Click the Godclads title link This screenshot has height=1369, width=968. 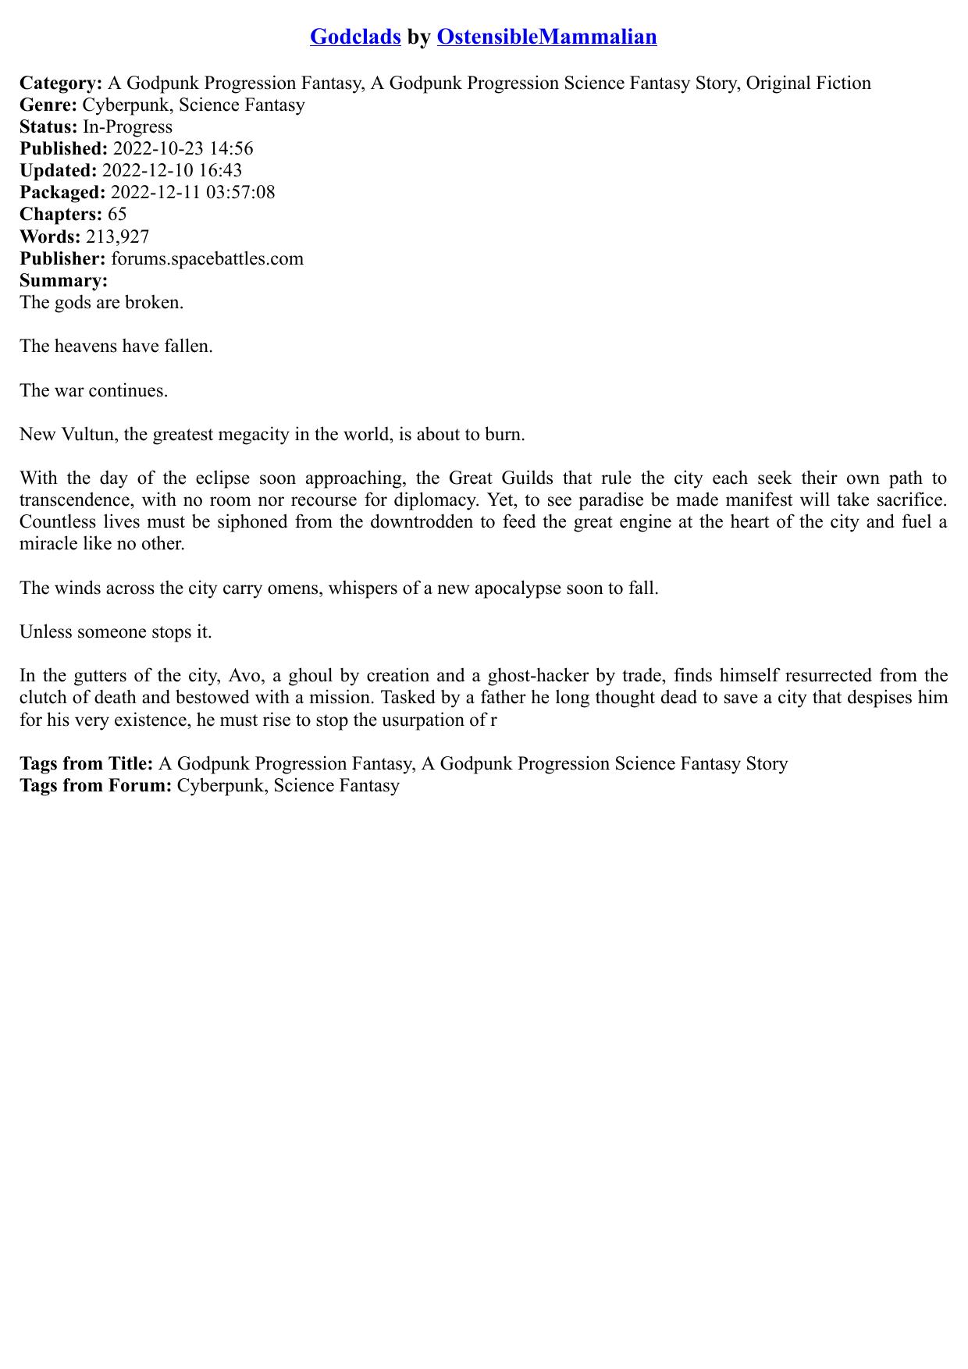coord(355,37)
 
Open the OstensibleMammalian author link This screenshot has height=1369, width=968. coord(546,37)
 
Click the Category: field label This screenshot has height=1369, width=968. coord(61,84)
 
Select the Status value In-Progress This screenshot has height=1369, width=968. coord(127,127)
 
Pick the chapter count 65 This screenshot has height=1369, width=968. coord(117,215)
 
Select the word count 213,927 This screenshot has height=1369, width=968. coord(117,236)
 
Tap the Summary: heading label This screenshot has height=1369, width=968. coord(63,280)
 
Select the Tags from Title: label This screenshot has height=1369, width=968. coord(86,763)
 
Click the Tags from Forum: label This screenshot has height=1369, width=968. coord(95,785)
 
